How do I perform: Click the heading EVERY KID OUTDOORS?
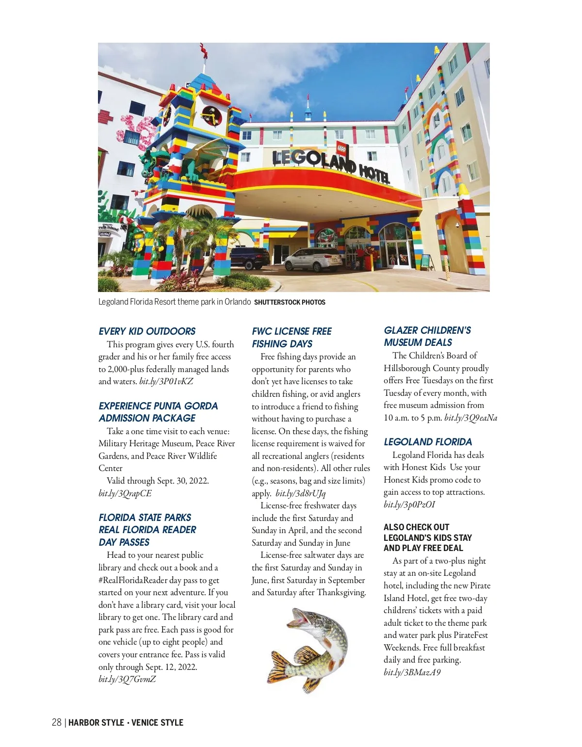tap(147, 331)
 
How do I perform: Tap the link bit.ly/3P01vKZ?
tap(166, 381)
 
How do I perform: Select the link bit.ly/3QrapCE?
tap(125, 493)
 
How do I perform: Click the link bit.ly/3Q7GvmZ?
tap(127, 679)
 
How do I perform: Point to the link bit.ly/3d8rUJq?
tap(301, 493)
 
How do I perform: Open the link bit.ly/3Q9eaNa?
tap(470, 418)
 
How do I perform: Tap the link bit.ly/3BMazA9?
tap(412, 672)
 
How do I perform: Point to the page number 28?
tap(56, 723)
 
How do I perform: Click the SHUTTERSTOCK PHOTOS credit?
tap(290, 302)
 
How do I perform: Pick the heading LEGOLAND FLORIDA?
tap(428, 442)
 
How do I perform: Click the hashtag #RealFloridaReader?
tap(133, 580)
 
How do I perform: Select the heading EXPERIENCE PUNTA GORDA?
tap(158, 406)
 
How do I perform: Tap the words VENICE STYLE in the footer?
tap(157, 723)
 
